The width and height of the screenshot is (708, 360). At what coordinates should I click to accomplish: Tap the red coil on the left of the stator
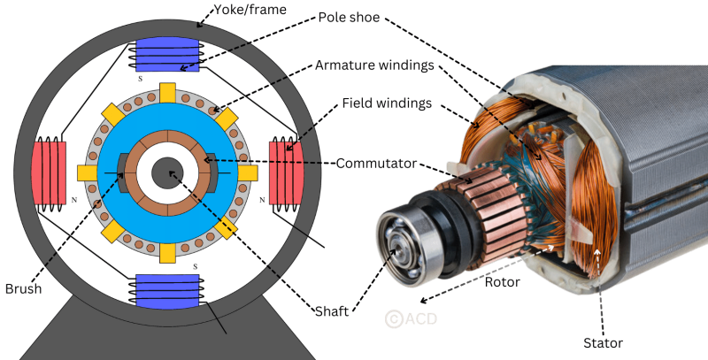click(x=49, y=173)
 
